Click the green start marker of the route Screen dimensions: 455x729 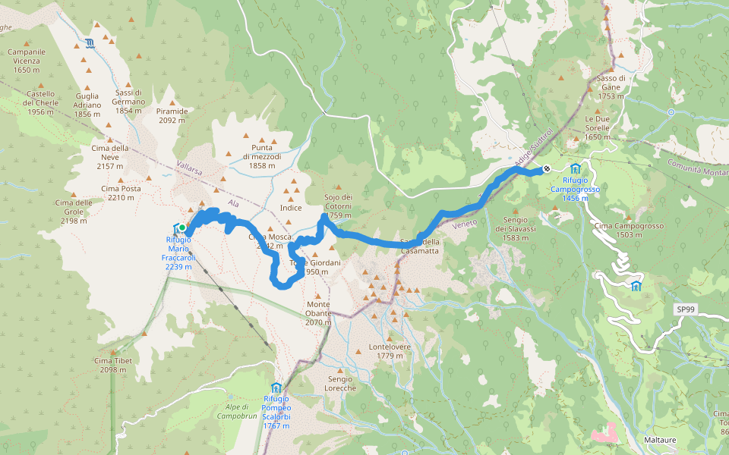182,227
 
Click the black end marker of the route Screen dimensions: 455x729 546,169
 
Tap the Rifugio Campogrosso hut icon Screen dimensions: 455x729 575,168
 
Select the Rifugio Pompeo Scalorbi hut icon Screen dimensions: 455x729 276,388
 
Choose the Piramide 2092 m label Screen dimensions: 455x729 172,115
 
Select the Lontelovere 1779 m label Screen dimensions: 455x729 389,351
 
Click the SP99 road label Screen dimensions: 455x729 686,310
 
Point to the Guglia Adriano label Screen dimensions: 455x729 87,101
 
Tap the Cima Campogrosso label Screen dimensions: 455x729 619,231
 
